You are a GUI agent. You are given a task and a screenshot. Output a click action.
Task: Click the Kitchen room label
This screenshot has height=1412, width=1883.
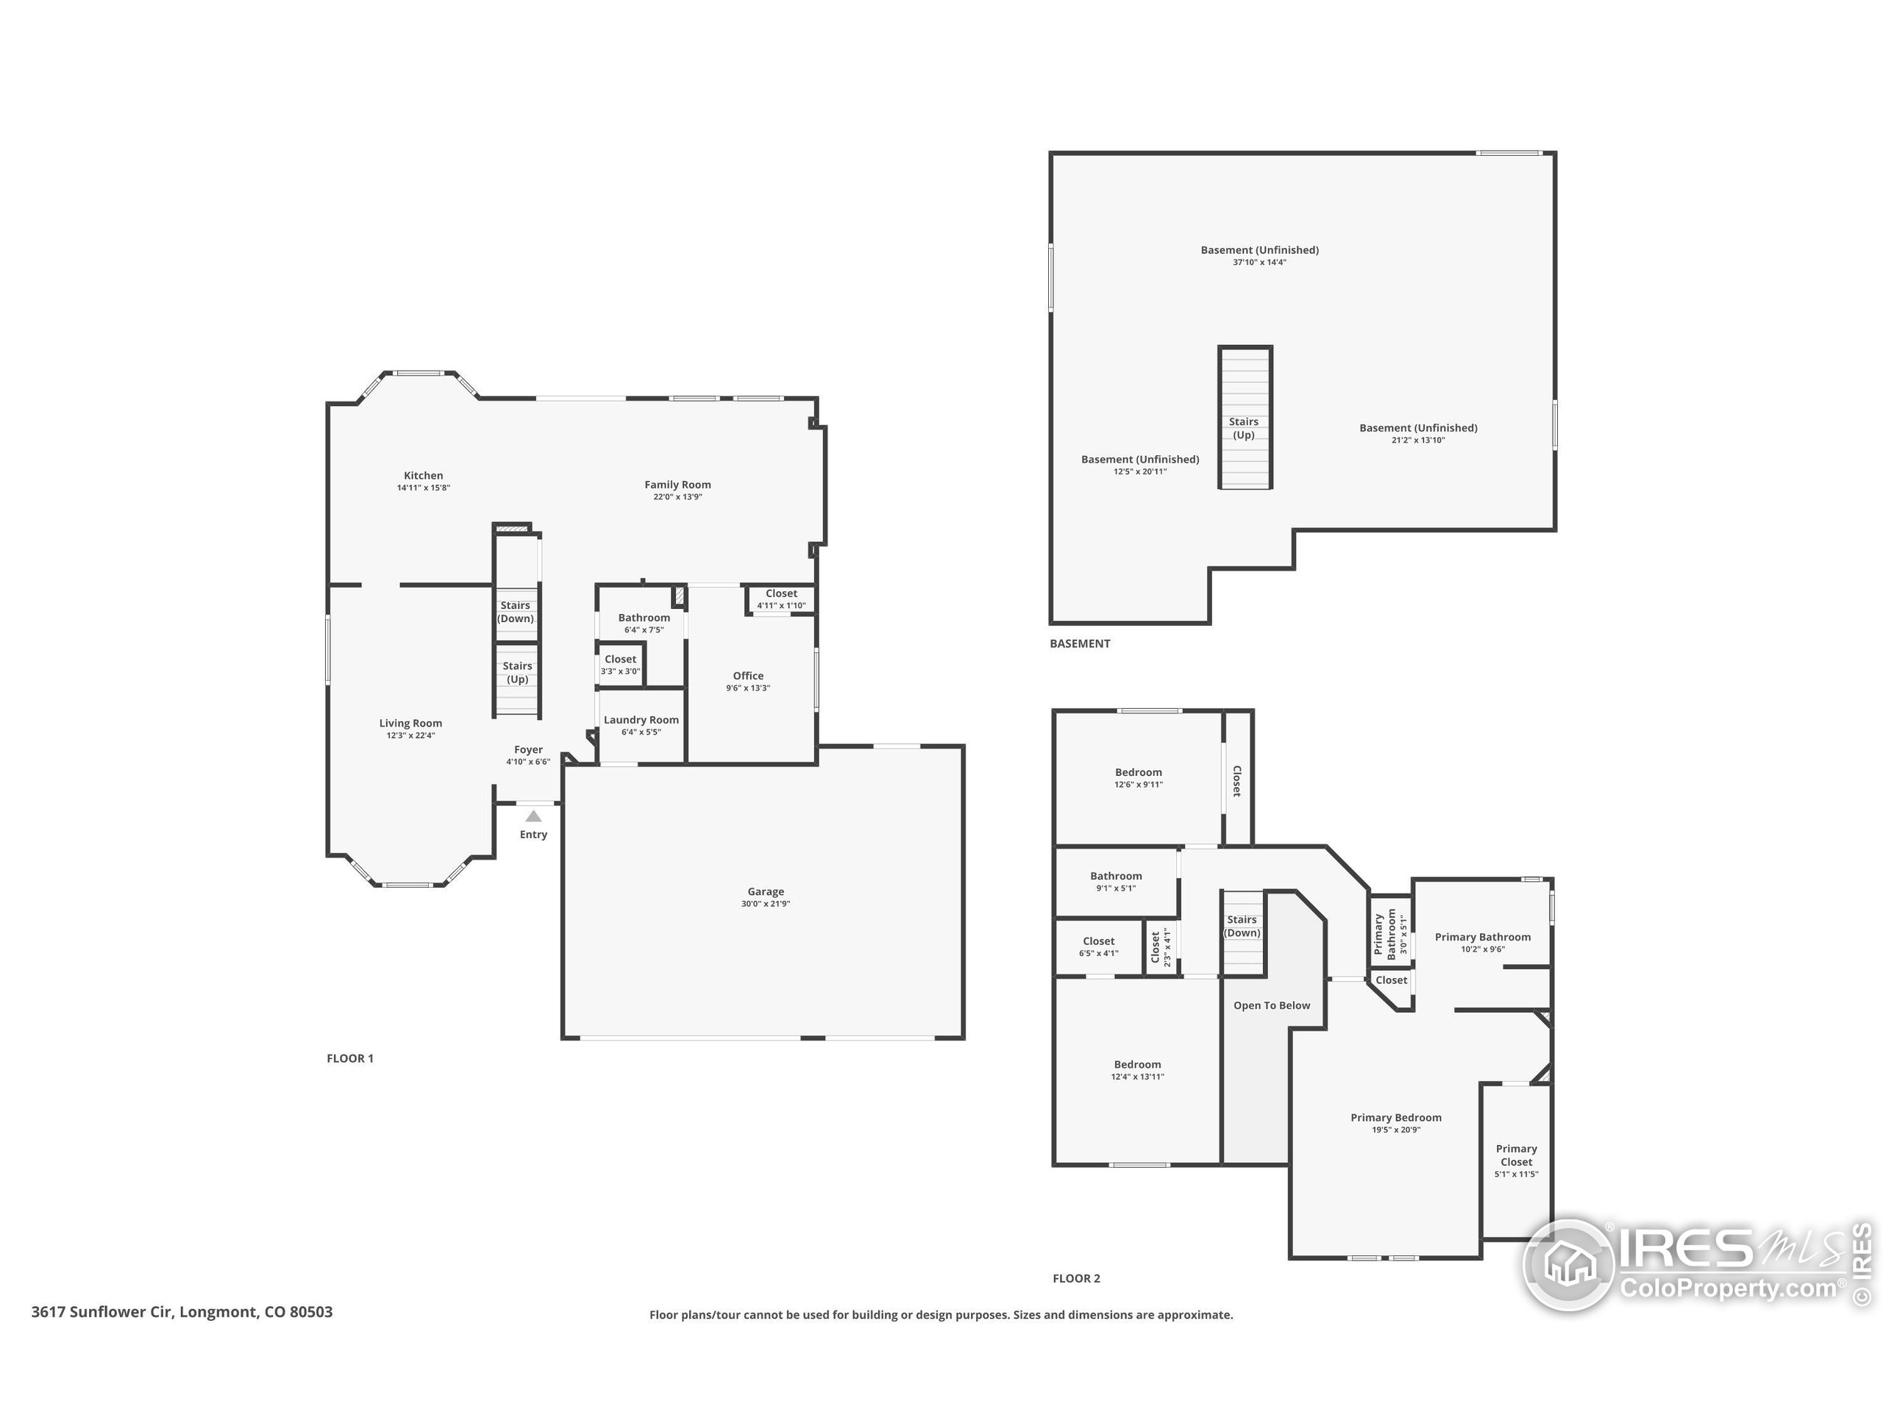pos(423,476)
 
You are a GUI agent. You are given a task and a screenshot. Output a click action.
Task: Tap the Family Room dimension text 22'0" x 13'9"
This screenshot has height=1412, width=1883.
pos(677,497)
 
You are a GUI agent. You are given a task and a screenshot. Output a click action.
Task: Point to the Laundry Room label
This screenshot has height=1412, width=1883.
pos(641,720)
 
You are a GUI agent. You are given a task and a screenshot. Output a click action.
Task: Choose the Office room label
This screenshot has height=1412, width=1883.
pos(748,676)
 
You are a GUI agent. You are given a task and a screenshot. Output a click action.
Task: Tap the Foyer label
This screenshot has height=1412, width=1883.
pos(529,750)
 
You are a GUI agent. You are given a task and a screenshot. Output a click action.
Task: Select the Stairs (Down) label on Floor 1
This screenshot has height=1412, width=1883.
pos(516,612)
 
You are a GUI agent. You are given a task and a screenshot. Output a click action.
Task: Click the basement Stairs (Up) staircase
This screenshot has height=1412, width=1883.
pos(1245,417)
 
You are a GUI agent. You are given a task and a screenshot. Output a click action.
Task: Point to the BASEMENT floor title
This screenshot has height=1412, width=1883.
pos(1079,643)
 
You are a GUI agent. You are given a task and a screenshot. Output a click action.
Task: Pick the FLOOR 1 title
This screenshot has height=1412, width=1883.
pos(350,1059)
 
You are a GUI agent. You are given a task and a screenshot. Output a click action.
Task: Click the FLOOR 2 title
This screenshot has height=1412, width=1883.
pos(1076,1278)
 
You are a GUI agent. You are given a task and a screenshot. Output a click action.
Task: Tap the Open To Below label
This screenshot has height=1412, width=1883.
pos(1272,1005)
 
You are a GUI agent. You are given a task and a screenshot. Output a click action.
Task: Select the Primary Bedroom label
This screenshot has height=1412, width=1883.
pos(1396,1118)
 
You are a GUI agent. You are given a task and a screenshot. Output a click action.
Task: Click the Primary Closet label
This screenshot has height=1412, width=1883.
pos(1516,1155)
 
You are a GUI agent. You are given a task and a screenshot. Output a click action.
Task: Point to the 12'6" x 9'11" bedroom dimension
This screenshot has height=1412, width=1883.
pos(1138,785)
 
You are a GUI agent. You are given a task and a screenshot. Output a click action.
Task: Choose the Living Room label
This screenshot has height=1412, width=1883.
pos(410,724)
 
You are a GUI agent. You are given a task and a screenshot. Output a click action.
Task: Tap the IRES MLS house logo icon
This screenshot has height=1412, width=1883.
pos(1568,1264)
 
